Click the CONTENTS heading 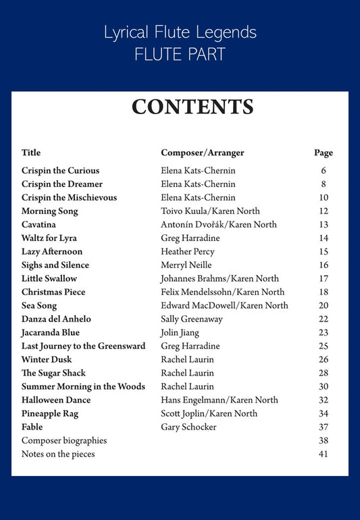click(x=192, y=107)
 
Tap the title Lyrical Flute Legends click(x=180, y=32)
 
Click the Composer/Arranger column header click(x=203, y=153)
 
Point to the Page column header click(x=324, y=153)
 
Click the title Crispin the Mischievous click(x=69, y=197)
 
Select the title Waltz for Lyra click(x=49, y=238)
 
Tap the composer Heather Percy click(x=188, y=251)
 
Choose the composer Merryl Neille click(x=186, y=265)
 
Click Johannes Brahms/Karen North click(x=220, y=278)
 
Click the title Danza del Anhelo click(x=56, y=319)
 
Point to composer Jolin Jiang click(x=182, y=332)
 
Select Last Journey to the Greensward click(x=83, y=346)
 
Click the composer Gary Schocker click(x=189, y=427)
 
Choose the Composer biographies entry click(x=64, y=440)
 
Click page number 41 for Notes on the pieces click(x=324, y=454)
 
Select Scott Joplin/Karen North click(x=209, y=413)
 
